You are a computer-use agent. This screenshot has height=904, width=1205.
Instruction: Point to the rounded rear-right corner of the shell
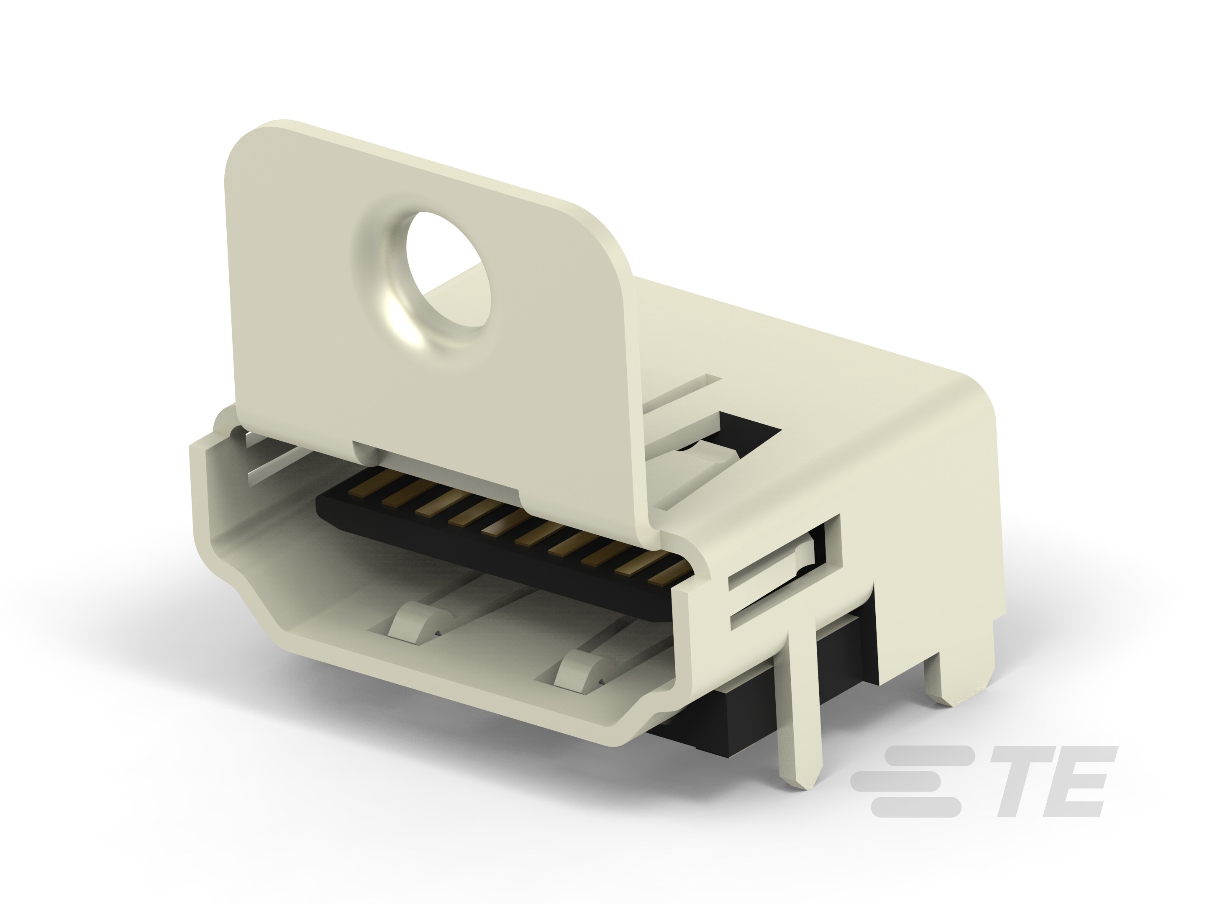975,398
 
